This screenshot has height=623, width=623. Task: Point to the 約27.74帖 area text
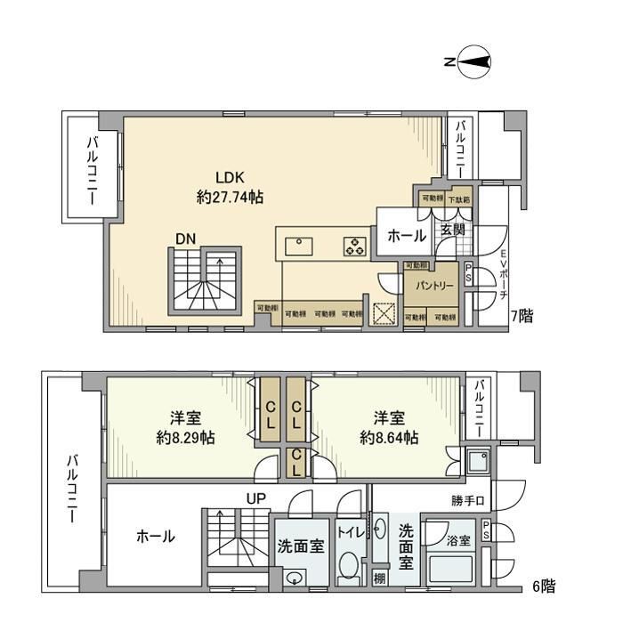(229, 198)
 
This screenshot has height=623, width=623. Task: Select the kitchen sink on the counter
(298, 244)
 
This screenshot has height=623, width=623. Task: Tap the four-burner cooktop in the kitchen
(354, 245)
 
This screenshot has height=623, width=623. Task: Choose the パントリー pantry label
(432, 286)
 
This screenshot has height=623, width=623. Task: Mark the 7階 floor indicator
(521, 316)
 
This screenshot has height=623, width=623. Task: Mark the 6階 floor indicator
(544, 586)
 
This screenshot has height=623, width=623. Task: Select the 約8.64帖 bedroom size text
(389, 438)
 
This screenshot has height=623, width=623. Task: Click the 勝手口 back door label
(466, 501)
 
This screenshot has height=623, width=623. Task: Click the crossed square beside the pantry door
(384, 314)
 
